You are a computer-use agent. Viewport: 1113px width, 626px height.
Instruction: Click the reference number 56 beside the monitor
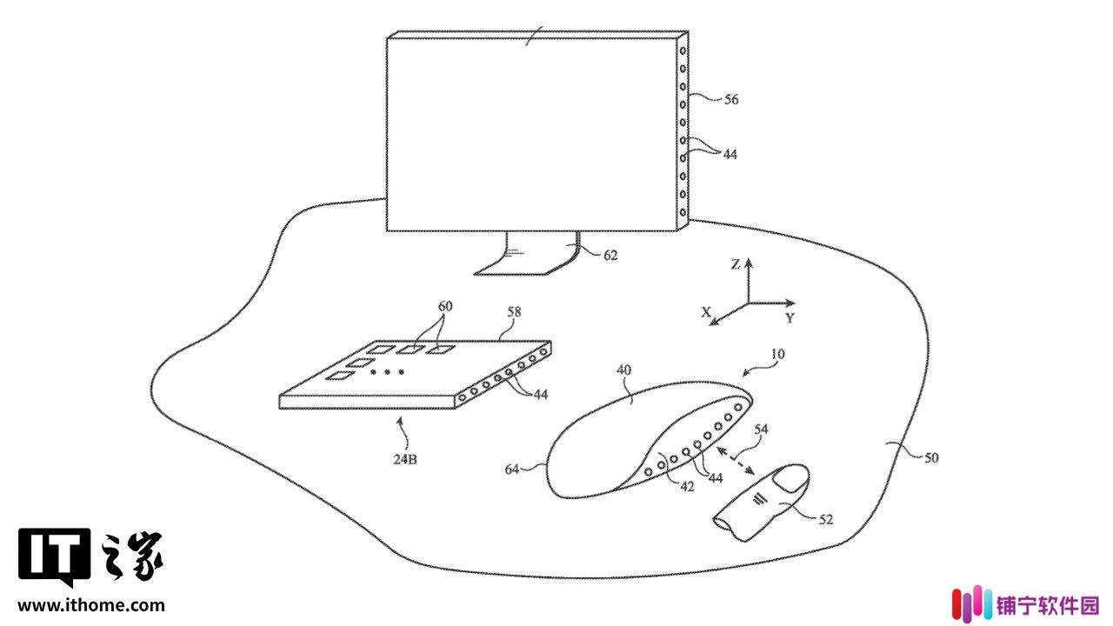[731, 100]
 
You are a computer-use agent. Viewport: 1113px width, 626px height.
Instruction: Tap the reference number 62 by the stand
[610, 256]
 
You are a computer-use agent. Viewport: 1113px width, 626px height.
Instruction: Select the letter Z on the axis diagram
[736, 265]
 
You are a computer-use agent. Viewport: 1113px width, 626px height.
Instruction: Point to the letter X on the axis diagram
[705, 312]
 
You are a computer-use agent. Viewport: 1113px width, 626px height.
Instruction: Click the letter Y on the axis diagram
[790, 318]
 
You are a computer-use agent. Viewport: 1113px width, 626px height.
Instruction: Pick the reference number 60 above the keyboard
[445, 306]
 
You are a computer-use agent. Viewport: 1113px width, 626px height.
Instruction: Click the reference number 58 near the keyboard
[514, 312]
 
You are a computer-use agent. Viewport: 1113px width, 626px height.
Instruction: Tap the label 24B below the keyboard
[405, 460]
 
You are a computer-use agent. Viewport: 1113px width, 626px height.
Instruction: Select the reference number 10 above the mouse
[777, 354]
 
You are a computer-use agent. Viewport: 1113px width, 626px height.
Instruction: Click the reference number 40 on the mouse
[623, 370]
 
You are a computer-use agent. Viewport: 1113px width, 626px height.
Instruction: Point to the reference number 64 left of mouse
[512, 469]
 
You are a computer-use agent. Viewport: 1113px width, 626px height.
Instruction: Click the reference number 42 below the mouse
[687, 487]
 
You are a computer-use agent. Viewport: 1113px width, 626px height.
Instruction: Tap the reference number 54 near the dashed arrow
[761, 430]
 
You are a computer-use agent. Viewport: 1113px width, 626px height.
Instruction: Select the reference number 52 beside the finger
[825, 520]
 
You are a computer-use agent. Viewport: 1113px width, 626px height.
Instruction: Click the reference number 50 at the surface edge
[931, 458]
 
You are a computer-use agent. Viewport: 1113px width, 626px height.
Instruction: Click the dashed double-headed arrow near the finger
[736, 461]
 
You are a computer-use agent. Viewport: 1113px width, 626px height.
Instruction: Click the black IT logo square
[55, 557]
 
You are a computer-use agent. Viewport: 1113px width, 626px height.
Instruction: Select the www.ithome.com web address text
[91, 605]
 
